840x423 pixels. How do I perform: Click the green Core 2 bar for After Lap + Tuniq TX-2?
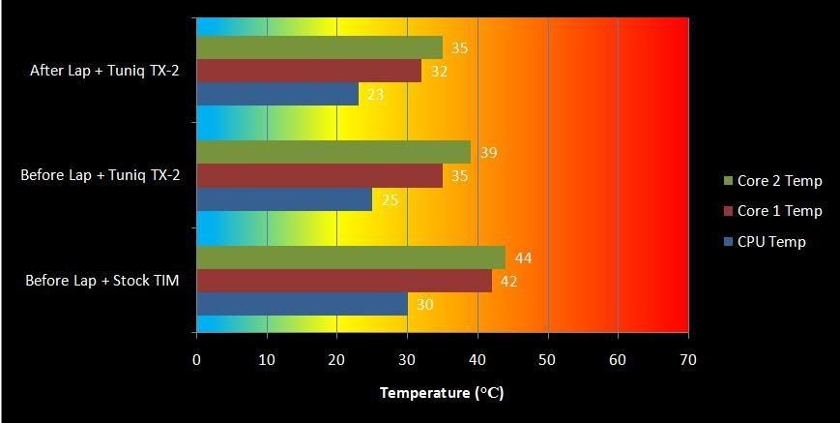click(x=319, y=47)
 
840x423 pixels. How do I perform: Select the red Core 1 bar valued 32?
click(x=308, y=71)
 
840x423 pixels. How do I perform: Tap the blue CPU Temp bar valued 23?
click(x=277, y=94)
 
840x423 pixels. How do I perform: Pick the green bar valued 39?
click(x=333, y=152)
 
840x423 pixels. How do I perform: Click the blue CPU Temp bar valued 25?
click(x=284, y=199)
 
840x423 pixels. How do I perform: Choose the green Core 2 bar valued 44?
click(x=351, y=257)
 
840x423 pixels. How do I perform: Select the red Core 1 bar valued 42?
click(x=344, y=281)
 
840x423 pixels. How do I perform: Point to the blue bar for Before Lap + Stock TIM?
click(x=302, y=304)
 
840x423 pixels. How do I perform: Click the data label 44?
click(x=523, y=257)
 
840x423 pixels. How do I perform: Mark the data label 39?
click(x=488, y=153)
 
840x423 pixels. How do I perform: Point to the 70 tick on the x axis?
click(x=688, y=359)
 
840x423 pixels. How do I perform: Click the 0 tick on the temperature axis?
click(x=196, y=359)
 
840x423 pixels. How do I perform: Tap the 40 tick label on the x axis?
click(x=478, y=359)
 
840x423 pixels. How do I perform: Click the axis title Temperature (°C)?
click(x=442, y=393)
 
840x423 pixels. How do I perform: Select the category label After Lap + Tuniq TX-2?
click(x=105, y=71)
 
